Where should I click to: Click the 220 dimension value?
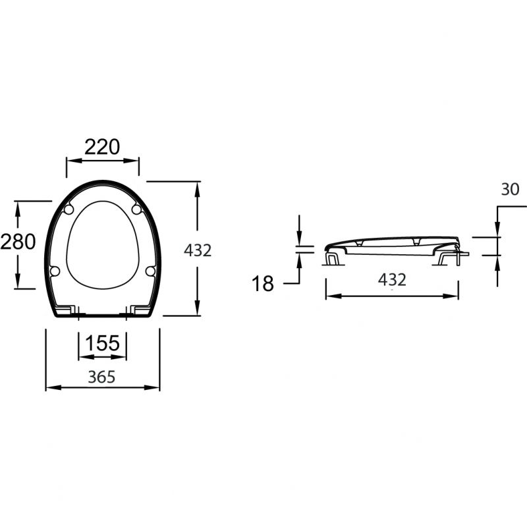[x=102, y=147]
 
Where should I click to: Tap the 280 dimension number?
[x=18, y=242]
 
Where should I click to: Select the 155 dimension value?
[x=103, y=343]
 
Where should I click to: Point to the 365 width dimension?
[x=101, y=377]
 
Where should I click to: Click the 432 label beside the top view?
[x=198, y=250]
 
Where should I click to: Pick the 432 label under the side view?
[x=392, y=279]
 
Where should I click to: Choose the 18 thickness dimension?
[x=263, y=284]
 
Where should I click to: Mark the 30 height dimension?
[x=510, y=190]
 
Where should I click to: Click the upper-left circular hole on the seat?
[x=69, y=209]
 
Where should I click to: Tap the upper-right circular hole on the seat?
[x=136, y=209]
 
